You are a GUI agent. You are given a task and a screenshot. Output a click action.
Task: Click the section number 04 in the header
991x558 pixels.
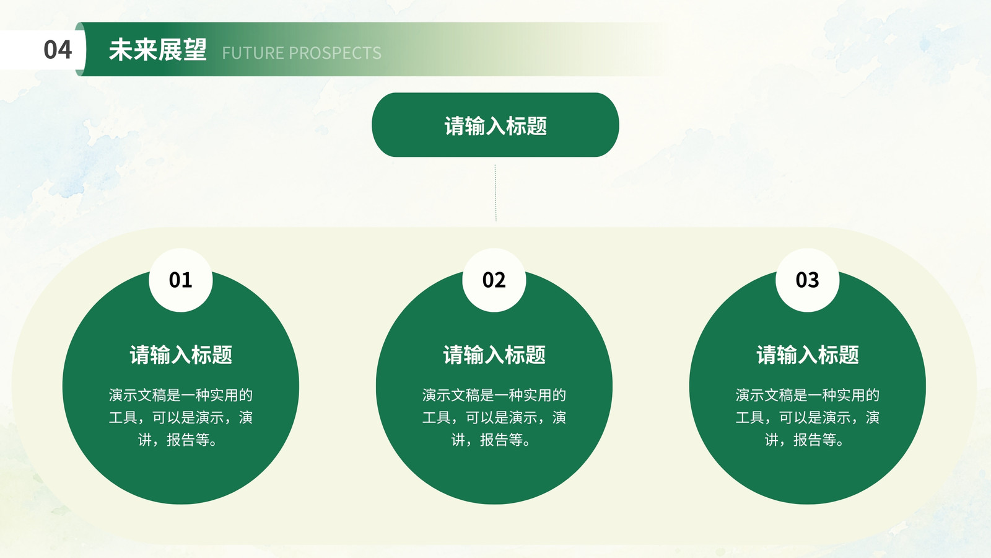(58, 50)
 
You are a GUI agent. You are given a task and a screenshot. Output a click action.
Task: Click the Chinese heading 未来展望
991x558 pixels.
(158, 50)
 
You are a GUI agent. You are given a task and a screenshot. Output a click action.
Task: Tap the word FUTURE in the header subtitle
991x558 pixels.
(253, 53)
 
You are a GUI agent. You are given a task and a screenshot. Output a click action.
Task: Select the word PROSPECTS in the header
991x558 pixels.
(335, 53)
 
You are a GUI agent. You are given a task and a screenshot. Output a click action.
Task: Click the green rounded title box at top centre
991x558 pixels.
(495, 125)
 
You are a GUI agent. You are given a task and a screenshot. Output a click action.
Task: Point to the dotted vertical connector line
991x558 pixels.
(495, 193)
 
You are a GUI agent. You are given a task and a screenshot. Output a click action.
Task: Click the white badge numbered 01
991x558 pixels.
(180, 280)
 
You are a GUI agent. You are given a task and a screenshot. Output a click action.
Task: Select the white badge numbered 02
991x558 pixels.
(494, 280)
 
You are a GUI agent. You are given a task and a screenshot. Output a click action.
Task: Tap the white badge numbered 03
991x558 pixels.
(807, 280)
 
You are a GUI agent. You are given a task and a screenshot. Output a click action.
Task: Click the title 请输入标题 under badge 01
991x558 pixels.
(180, 355)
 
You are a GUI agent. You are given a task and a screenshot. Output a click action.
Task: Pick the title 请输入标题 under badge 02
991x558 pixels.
(494, 355)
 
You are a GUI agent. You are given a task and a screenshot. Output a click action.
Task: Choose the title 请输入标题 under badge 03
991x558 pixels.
(808, 355)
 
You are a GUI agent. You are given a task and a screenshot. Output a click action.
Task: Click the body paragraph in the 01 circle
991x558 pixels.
(180, 417)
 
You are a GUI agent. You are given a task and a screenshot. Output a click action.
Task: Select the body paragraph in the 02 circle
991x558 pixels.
(494, 417)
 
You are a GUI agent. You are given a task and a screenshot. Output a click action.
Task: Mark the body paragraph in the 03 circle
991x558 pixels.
(808, 417)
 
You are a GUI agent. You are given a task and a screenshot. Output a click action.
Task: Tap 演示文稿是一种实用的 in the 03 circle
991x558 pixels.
(808, 395)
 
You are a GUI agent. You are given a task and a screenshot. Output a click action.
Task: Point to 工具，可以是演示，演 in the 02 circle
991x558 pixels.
(494, 417)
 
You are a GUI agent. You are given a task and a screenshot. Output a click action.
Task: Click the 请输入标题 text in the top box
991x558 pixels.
(495, 126)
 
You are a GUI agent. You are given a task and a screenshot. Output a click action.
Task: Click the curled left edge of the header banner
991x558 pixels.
(80, 49)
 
